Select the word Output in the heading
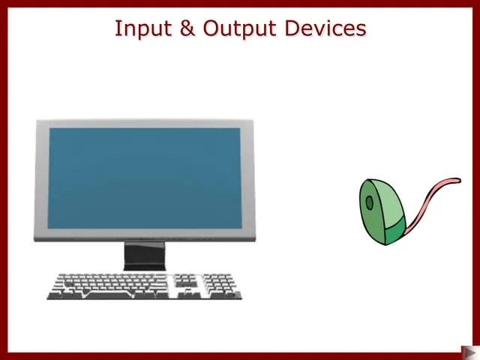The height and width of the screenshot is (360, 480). click(x=239, y=28)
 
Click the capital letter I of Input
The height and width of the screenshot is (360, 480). click(x=117, y=28)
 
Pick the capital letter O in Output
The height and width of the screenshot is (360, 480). click(x=212, y=28)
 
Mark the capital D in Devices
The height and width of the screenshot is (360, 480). click(x=294, y=28)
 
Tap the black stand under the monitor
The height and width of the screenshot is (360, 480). click(x=145, y=256)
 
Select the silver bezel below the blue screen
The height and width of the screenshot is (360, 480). click(x=144, y=235)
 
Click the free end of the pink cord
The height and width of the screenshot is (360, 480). click(x=458, y=180)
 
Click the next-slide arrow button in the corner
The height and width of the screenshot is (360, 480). click(x=469, y=351)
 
